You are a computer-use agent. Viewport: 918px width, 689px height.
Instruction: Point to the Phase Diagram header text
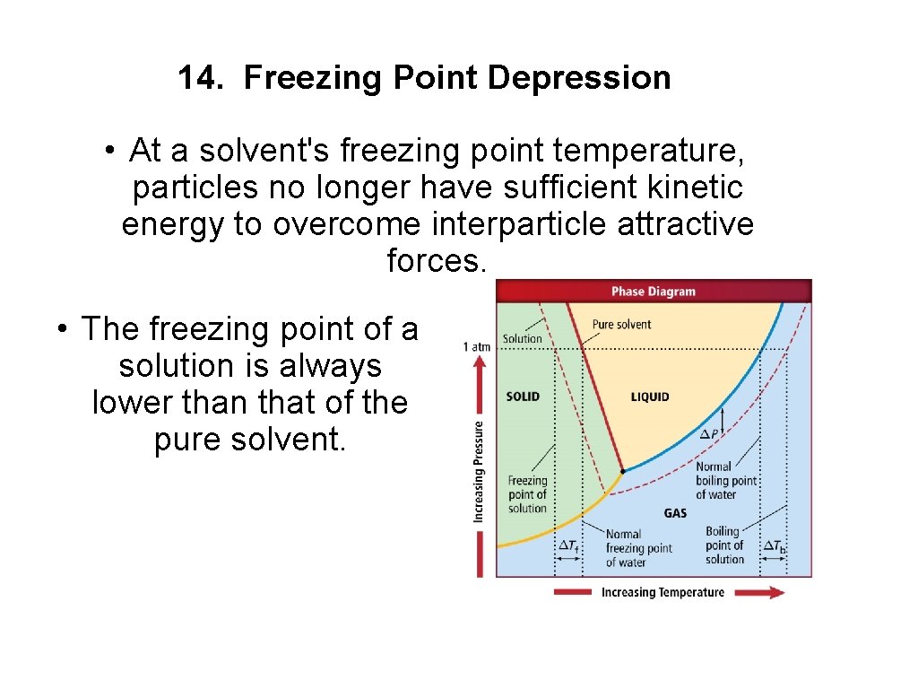(653, 292)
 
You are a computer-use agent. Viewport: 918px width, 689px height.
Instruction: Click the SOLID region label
(523, 397)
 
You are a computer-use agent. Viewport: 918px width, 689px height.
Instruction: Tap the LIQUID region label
(650, 397)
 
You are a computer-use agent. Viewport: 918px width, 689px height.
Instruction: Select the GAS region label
(675, 513)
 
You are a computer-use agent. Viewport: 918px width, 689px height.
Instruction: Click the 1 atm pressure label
(477, 346)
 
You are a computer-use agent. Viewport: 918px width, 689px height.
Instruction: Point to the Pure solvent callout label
(621, 325)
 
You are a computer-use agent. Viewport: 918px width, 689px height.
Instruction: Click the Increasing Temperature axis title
(663, 592)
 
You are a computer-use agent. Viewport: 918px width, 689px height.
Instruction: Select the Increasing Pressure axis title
(480, 472)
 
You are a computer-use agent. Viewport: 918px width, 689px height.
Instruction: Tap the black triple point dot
(623, 470)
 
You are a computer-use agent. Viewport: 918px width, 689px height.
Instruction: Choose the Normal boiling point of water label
(726, 481)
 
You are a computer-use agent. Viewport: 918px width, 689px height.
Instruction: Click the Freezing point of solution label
(527, 494)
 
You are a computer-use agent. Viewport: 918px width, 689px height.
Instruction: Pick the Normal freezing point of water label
(637, 548)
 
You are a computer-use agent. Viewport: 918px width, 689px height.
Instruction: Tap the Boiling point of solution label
(724, 545)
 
